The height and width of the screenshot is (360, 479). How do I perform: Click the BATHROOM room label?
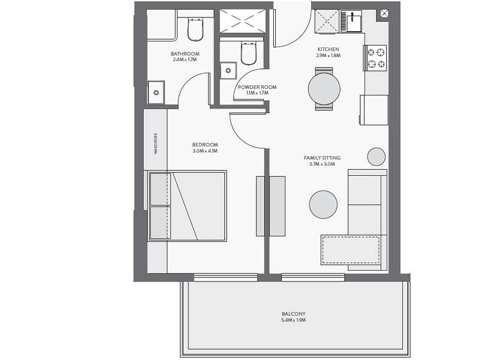(185, 54)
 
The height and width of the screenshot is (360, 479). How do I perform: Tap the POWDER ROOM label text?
(257, 87)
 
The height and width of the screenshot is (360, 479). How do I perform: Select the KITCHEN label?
(328, 49)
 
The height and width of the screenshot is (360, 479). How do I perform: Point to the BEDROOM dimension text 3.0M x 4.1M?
(205, 151)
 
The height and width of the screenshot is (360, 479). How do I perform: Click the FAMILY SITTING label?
(322, 158)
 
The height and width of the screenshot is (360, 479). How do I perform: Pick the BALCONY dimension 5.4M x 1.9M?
(293, 320)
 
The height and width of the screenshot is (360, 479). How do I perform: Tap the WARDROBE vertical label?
(156, 143)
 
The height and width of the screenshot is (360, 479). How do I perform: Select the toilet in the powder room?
(248, 53)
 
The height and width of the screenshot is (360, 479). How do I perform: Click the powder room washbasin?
(228, 70)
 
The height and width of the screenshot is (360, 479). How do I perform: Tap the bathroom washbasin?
(156, 92)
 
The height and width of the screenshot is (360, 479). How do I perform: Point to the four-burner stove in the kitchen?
(376, 58)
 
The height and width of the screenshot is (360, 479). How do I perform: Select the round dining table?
(324, 89)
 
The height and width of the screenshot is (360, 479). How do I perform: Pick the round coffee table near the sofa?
(323, 205)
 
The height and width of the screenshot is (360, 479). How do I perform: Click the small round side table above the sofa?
(376, 157)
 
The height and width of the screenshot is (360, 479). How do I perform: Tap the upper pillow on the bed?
(160, 189)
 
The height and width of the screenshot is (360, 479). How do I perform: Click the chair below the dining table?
(324, 107)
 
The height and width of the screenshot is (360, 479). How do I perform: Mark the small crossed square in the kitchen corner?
(384, 13)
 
